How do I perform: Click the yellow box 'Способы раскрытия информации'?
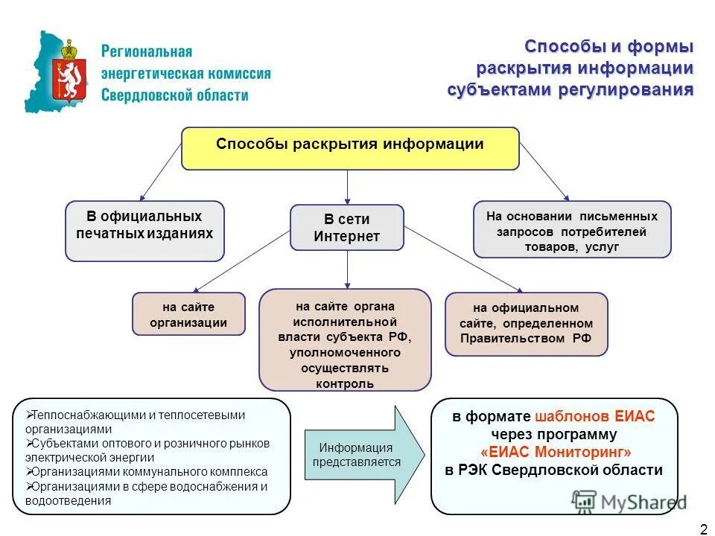coord(350,147)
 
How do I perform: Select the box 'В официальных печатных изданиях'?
coord(144,231)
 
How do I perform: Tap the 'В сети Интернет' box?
coord(346,228)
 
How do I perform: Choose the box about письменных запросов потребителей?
coord(572,231)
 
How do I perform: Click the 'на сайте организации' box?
coord(188,314)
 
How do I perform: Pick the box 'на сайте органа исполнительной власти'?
coord(345,339)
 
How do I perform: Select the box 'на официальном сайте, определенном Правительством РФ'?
coord(526,324)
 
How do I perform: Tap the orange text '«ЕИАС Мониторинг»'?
coord(556,452)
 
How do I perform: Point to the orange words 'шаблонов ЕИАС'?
coord(594,416)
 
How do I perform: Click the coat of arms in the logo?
coord(69,71)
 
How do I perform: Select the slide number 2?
coord(703,529)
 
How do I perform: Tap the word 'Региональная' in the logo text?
coord(147,52)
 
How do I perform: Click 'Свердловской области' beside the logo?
coord(174,95)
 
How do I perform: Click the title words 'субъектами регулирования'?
coord(570,90)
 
